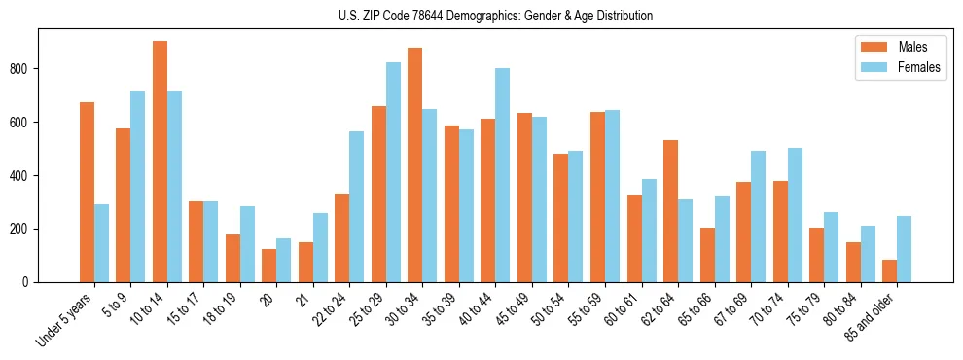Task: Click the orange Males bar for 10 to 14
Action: (x=160, y=162)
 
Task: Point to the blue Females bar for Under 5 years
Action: (x=101, y=243)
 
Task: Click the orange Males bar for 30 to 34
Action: (x=415, y=164)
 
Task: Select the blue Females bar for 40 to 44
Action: (x=503, y=175)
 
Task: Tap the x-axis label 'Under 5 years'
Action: (x=66, y=321)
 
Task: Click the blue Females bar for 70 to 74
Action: (x=795, y=215)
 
